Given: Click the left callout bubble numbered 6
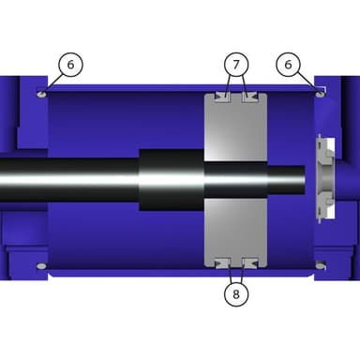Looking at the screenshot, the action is pyautogui.click(x=70, y=65).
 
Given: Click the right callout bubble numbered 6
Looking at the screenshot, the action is pyautogui.click(x=288, y=65).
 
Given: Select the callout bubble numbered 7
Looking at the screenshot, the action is pyautogui.click(x=236, y=65).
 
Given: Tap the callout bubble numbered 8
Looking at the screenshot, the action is pyautogui.click(x=236, y=293).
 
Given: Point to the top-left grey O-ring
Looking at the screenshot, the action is pyautogui.click(x=41, y=94).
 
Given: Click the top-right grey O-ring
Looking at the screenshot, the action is pyautogui.click(x=320, y=94).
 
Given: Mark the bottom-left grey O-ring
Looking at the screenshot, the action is pyautogui.click(x=41, y=266).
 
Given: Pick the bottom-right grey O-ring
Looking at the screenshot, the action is pyautogui.click(x=320, y=266).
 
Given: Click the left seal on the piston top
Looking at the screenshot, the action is pyautogui.click(x=222, y=97).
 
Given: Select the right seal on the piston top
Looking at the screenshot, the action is pyautogui.click(x=250, y=97).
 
